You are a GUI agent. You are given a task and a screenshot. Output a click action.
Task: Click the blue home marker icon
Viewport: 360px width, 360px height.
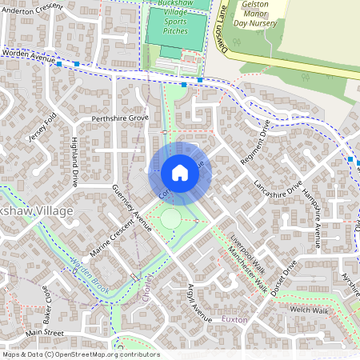click(179, 173)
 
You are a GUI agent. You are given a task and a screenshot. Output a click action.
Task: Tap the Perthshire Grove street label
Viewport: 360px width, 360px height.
click(120, 118)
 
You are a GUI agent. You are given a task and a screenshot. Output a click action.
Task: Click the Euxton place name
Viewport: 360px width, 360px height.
click(235, 319)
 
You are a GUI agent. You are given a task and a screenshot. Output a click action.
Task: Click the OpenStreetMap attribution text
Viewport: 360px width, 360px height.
click(80, 354)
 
